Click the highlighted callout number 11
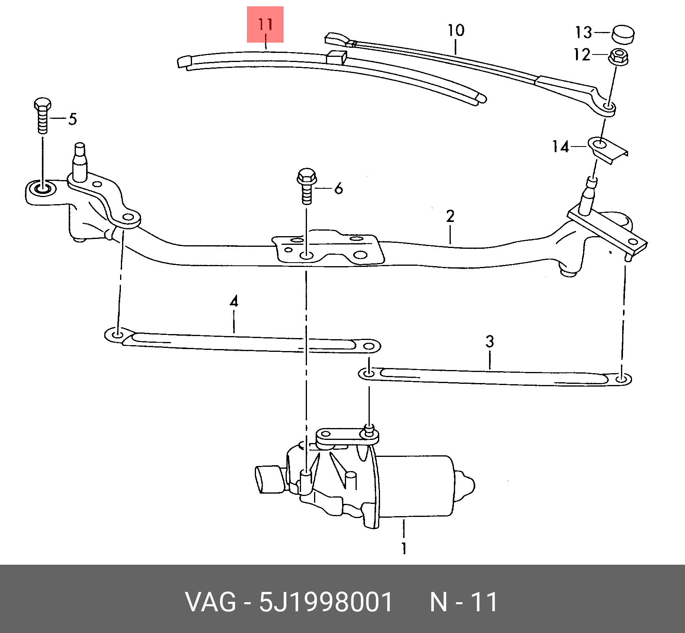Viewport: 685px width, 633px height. (265, 24)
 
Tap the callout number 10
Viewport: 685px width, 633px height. (455, 30)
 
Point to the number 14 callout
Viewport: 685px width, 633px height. (561, 147)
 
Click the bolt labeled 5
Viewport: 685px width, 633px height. (42, 116)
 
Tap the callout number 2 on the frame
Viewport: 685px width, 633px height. (450, 216)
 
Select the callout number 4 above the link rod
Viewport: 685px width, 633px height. (234, 302)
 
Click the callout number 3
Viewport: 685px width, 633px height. (489, 341)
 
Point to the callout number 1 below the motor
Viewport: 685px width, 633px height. (404, 548)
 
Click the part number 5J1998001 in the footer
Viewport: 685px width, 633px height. (326, 602)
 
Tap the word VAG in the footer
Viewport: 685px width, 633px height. (211, 602)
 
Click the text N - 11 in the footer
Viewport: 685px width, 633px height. (463, 602)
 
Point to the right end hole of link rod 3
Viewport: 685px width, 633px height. (621, 379)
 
